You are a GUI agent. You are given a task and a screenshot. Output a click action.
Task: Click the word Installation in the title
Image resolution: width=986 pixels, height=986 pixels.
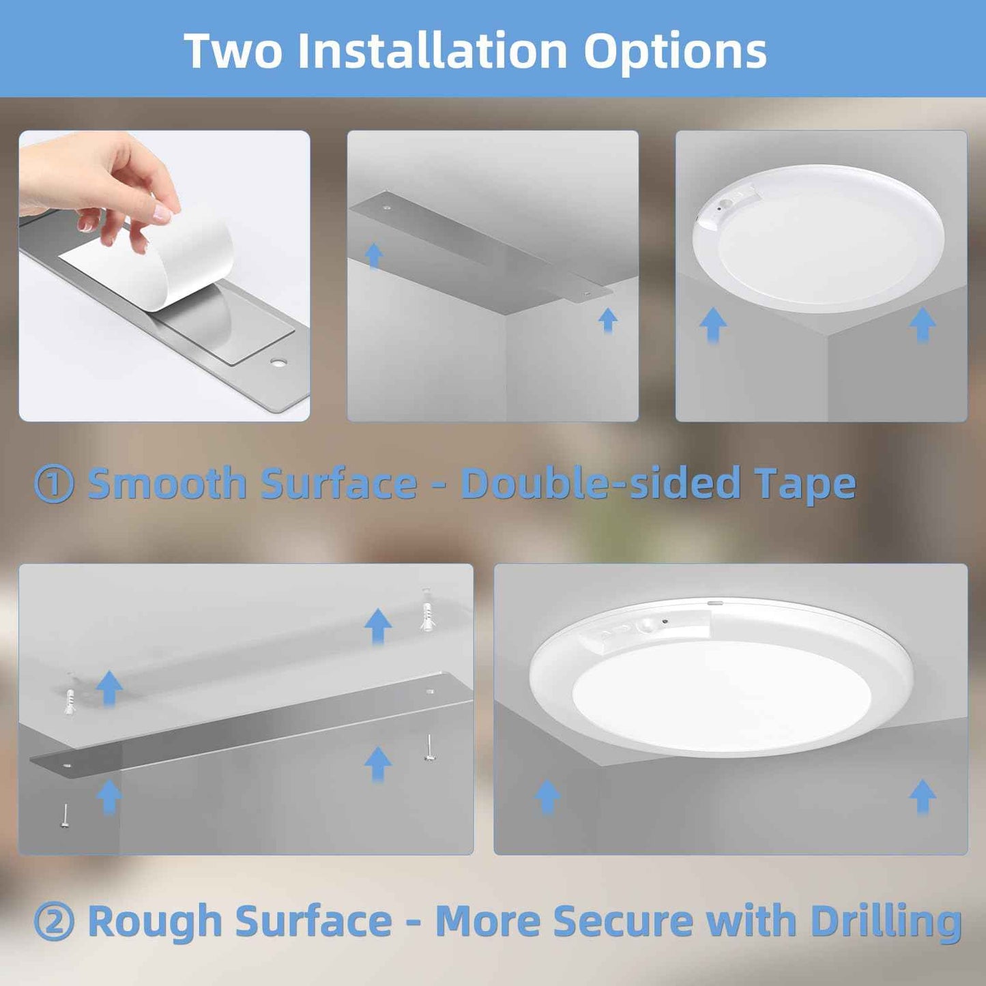(x=433, y=51)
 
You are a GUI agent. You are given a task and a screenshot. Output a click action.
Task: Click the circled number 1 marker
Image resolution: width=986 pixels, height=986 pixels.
(x=53, y=484)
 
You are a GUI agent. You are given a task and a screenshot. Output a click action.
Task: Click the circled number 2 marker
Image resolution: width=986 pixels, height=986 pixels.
(x=53, y=922)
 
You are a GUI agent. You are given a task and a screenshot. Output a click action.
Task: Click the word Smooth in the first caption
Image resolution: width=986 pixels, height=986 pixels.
(x=166, y=484)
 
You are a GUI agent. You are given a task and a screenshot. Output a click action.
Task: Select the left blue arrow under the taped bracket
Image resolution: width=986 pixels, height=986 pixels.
(x=373, y=256)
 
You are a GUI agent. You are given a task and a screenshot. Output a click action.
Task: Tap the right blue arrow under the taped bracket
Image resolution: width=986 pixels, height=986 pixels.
(x=607, y=319)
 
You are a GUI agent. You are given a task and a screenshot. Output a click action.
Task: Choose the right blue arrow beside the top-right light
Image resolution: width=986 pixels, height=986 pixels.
(x=923, y=323)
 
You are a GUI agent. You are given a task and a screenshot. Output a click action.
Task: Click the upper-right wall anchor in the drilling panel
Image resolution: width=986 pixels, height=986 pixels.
(x=427, y=615)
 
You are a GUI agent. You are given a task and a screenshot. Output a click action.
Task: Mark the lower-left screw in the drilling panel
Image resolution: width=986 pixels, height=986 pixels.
(x=65, y=817)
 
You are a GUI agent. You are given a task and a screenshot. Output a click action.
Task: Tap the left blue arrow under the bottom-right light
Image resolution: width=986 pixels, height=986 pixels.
(x=547, y=796)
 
